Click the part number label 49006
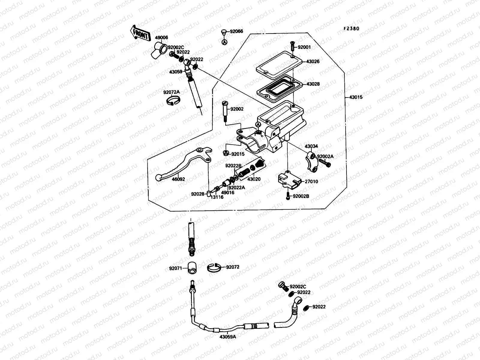(161, 37)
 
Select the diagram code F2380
(351, 28)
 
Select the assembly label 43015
(355, 97)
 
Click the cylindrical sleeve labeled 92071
(192, 268)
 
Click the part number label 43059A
(228, 337)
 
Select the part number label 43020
(254, 179)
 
